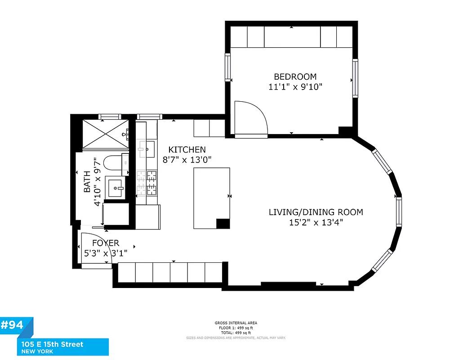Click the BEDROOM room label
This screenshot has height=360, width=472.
pos(295,77)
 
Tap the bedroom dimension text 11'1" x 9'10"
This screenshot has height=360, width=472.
pos(295,87)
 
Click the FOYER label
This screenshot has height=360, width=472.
pos(106,243)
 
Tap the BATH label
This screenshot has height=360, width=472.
pos(87,181)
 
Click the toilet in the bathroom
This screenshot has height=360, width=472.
pos(112,164)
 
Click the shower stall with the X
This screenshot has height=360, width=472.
pos(103,134)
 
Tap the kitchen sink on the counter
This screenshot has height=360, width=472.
pos(146,148)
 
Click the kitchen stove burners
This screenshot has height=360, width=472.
pos(147,183)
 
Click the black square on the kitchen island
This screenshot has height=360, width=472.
pos(223,224)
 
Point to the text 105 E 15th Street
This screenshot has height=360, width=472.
pos(52,344)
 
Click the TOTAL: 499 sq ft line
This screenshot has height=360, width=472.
pos(236,333)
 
